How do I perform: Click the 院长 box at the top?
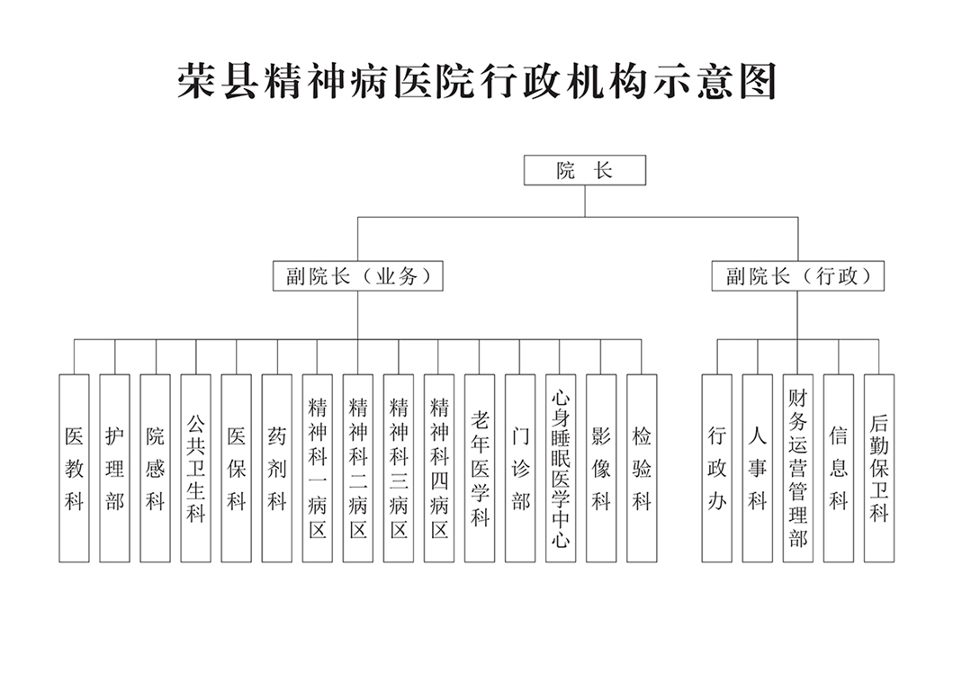pos(584,170)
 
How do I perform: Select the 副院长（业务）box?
pos(358,276)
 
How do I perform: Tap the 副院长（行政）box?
pos(797,276)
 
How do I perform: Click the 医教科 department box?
pos(74,468)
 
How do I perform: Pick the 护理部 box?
pos(114,468)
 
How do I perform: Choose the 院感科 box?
pos(155,468)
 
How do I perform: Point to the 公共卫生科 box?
pos(195,468)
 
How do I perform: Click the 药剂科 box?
pos(276,468)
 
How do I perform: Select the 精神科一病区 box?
pos(317,468)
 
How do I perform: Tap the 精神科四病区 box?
pos(439,468)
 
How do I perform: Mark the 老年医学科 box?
pos(480,468)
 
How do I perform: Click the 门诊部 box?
pos(520,468)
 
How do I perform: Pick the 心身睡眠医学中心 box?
pos(561,468)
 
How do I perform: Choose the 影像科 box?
pos(601,468)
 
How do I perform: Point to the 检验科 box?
pos(642,468)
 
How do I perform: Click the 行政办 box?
pos(717,468)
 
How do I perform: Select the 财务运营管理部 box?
pos(797,468)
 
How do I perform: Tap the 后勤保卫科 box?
pos(879,468)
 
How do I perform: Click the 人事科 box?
pos(758,468)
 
